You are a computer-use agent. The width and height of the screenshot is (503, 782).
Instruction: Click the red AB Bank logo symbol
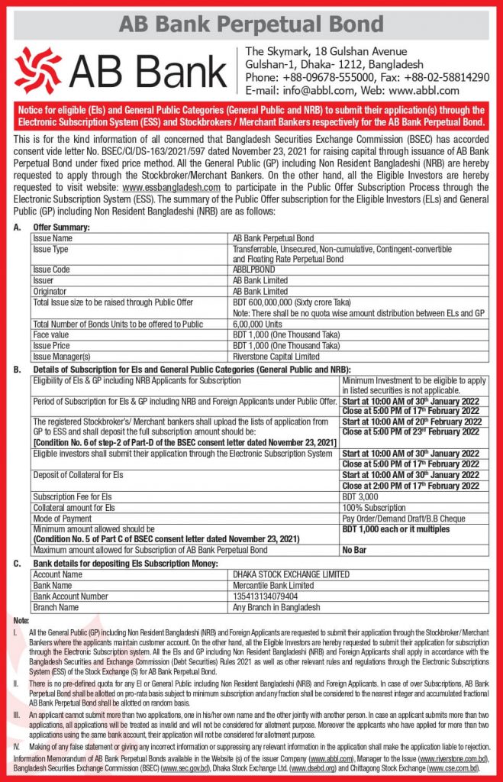tap(38, 69)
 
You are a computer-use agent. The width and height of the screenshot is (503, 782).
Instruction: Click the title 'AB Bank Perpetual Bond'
tap(251, 24)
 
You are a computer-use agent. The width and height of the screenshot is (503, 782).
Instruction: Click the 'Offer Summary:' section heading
tap(62, 228)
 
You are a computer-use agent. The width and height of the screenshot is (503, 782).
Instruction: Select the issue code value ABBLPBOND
tap(258, 270)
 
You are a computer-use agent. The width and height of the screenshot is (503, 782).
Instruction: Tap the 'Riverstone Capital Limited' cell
tap(276, 355)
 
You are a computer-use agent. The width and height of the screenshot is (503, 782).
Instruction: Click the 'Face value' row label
tap(50, 334)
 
